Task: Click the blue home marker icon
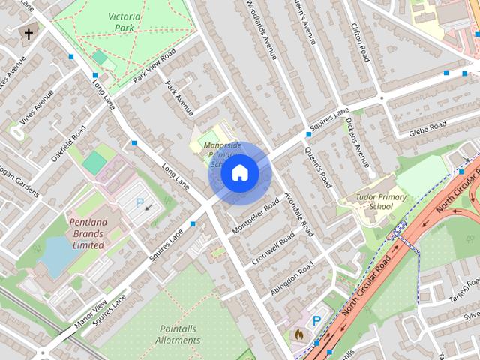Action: [239, 173]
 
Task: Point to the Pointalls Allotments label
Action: [180, 334]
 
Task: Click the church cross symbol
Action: [29, 34]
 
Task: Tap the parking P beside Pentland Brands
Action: [139, 202]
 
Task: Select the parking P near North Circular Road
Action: [316, 321]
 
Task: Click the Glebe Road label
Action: [427, 129]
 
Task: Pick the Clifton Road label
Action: [361, 41]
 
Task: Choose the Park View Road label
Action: [154, 67]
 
